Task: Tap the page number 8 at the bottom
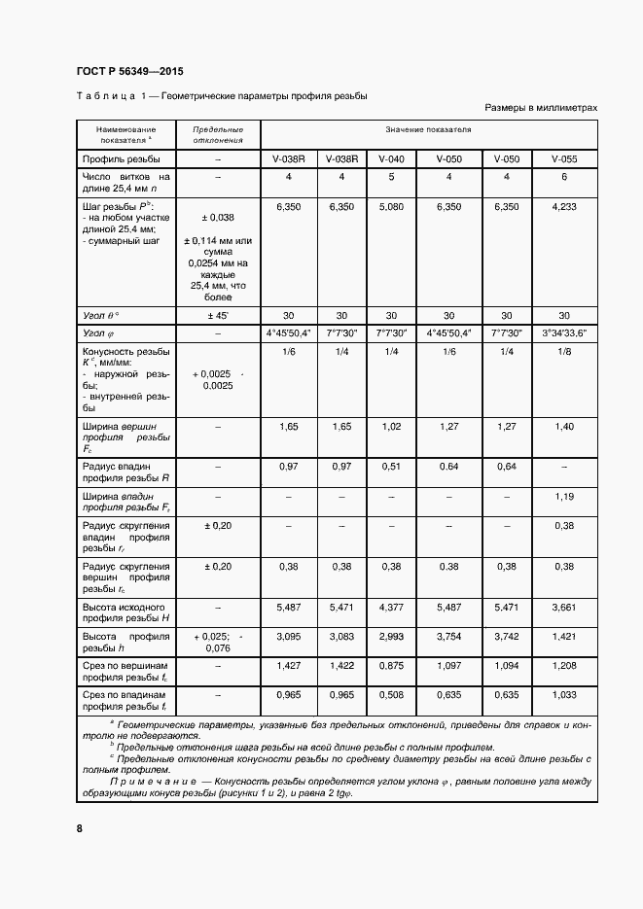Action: point(80,828)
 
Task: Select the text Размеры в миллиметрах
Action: point(539,109)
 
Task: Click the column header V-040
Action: point(391,159)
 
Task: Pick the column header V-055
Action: point(563,159)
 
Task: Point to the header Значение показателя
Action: point(427,129)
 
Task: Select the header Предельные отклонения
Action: point(218,134)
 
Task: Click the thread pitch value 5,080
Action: point(391,207)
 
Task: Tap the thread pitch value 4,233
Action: point(563,207)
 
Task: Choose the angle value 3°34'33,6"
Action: point(563,332)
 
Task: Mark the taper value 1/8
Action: point(563,352)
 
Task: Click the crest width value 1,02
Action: point(391,427)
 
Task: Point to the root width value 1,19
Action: point(563,497)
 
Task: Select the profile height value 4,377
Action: point(391,607)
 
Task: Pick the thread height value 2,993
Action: point(391,635)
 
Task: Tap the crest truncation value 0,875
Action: point(391,668)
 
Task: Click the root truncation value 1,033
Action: point(563,696)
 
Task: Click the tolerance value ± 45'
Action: point(218,315)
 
